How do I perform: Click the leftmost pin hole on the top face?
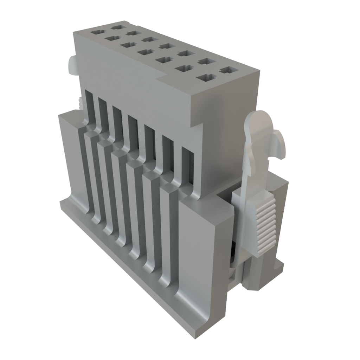pos(96,32)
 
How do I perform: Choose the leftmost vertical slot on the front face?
pos(89,105)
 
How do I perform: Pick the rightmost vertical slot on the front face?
pos(187,165)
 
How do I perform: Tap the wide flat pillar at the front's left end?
pos(72,158)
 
